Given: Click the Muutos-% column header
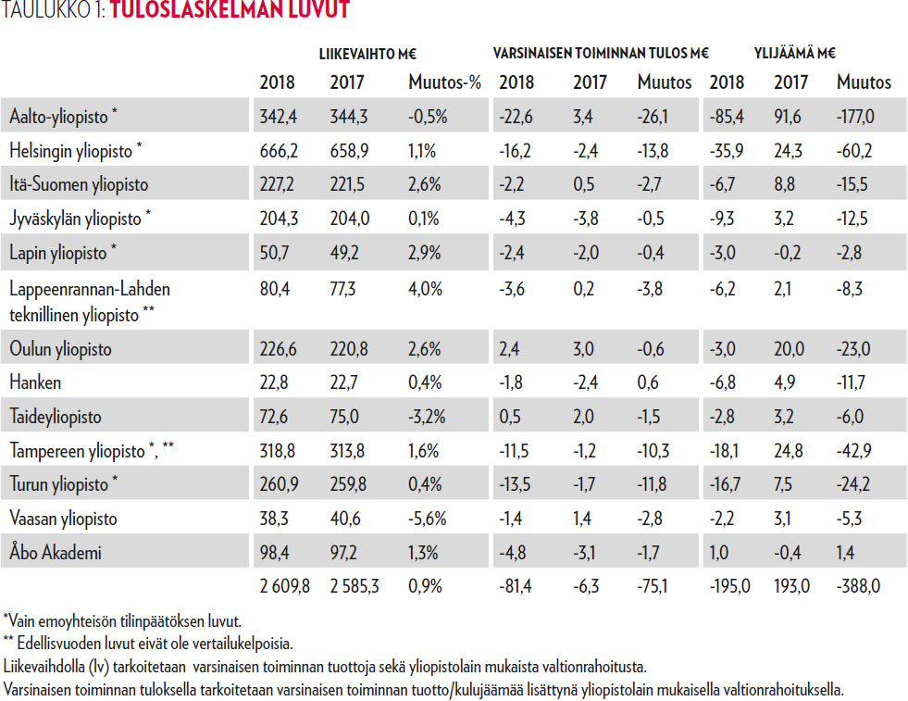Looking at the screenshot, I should (x=445, y=82).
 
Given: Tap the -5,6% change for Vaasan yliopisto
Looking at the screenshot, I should (x=428, y=519).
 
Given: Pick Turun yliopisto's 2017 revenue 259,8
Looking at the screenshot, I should (x=348, y=484).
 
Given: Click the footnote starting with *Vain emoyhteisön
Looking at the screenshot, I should (x=123, y=619).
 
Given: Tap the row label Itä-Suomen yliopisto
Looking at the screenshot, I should (x=80, y=184).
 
